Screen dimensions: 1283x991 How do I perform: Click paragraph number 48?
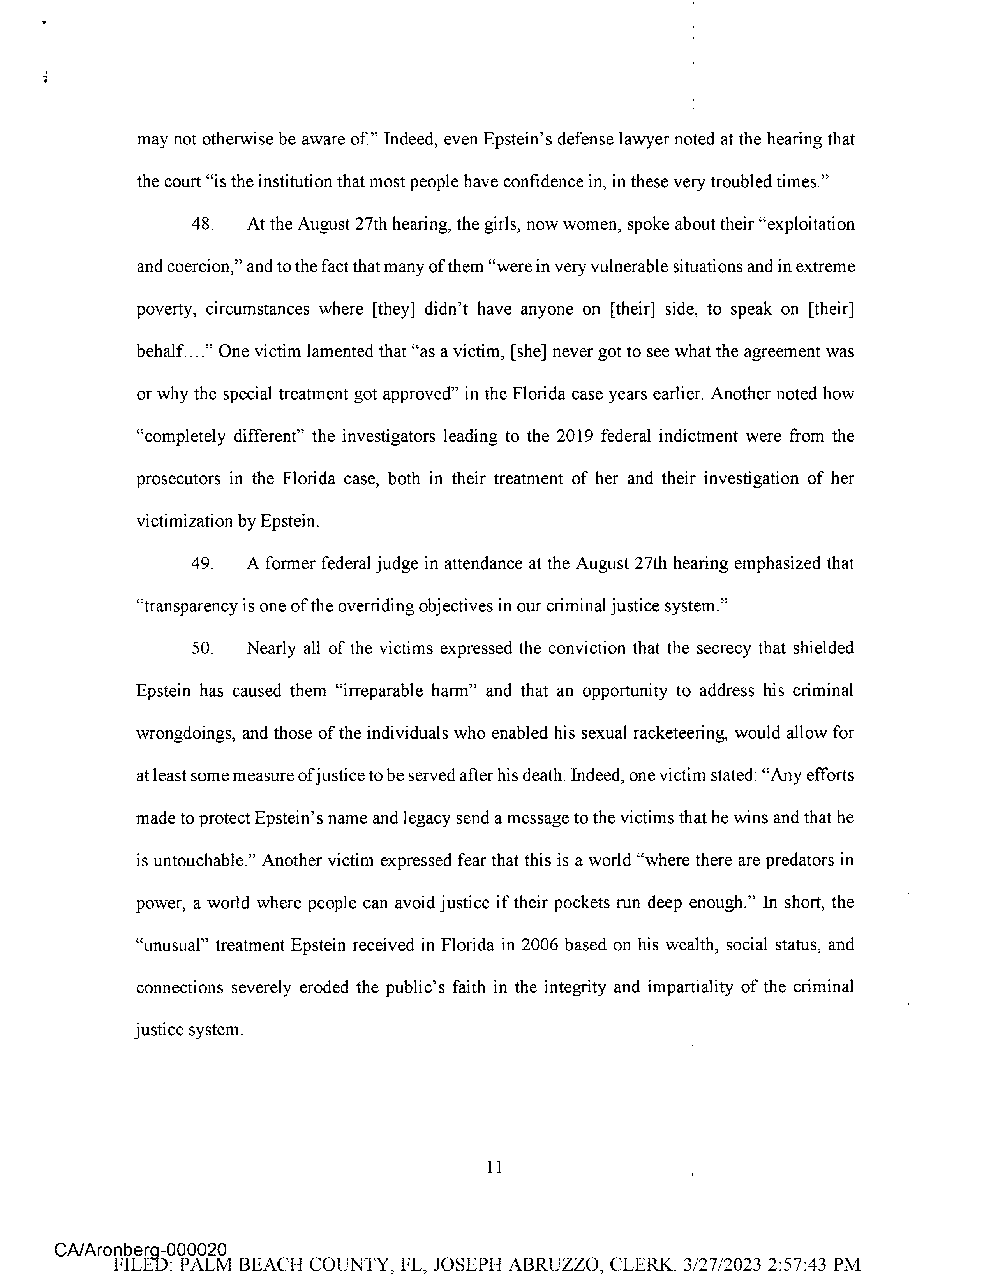click(x=202, y=224)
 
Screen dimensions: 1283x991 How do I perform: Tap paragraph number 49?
click(x=202, y=563)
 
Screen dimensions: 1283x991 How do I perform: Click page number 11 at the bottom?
click(x=495, y=1166)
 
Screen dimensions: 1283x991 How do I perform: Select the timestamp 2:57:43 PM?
click(x=816, y=1265)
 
